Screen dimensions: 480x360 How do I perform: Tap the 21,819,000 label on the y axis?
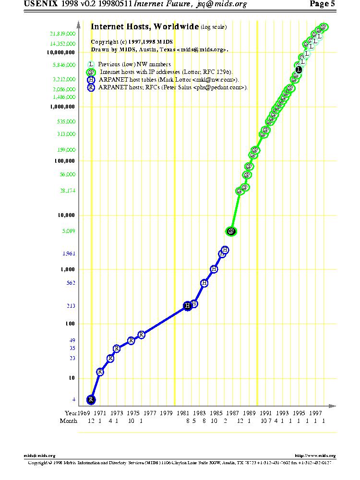62,34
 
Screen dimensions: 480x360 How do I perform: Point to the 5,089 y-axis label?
69,231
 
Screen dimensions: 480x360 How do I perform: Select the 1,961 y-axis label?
69,253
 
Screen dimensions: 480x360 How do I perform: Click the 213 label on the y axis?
71,306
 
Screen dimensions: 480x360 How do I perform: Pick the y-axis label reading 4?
74,399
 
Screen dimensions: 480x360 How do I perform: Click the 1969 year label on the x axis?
84,413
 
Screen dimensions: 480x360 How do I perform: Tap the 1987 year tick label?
233,413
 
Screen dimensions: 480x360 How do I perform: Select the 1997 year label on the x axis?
315,413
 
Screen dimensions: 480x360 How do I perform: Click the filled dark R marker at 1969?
91,399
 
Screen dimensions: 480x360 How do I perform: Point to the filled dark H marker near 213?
188,306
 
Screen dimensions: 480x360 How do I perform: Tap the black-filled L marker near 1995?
299,70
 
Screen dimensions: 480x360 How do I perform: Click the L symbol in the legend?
91,64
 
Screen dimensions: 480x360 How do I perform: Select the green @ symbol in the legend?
91,72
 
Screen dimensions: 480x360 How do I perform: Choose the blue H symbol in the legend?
91,80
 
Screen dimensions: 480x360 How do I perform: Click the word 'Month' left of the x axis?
68,421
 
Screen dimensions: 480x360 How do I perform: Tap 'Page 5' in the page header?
323,4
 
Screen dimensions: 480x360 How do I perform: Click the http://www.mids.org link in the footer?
315,456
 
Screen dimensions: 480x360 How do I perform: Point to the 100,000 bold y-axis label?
64,161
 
